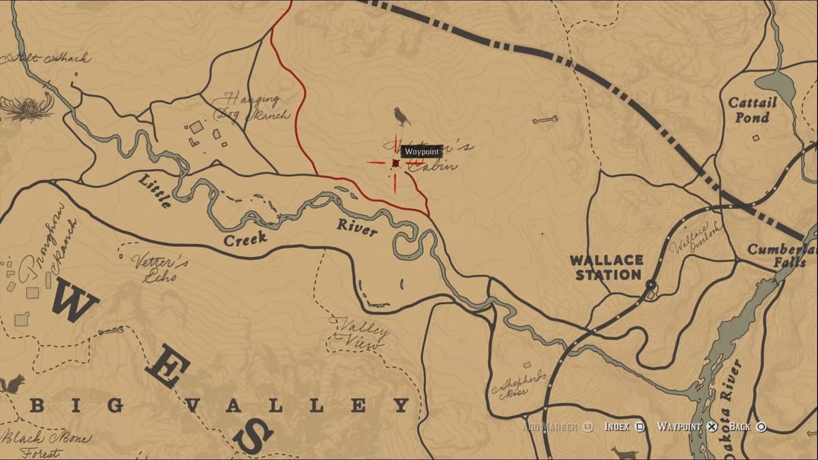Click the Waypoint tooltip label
(421, 151)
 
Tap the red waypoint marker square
(395, 163)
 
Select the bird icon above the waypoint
(402, 117)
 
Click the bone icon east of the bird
(545, 120)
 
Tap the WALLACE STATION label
(607, 267)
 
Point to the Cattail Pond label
(752, 110)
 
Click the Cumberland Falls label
(781, 255)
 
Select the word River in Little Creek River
(357, 228)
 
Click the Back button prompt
(747, 427)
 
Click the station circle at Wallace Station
(651, 284)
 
